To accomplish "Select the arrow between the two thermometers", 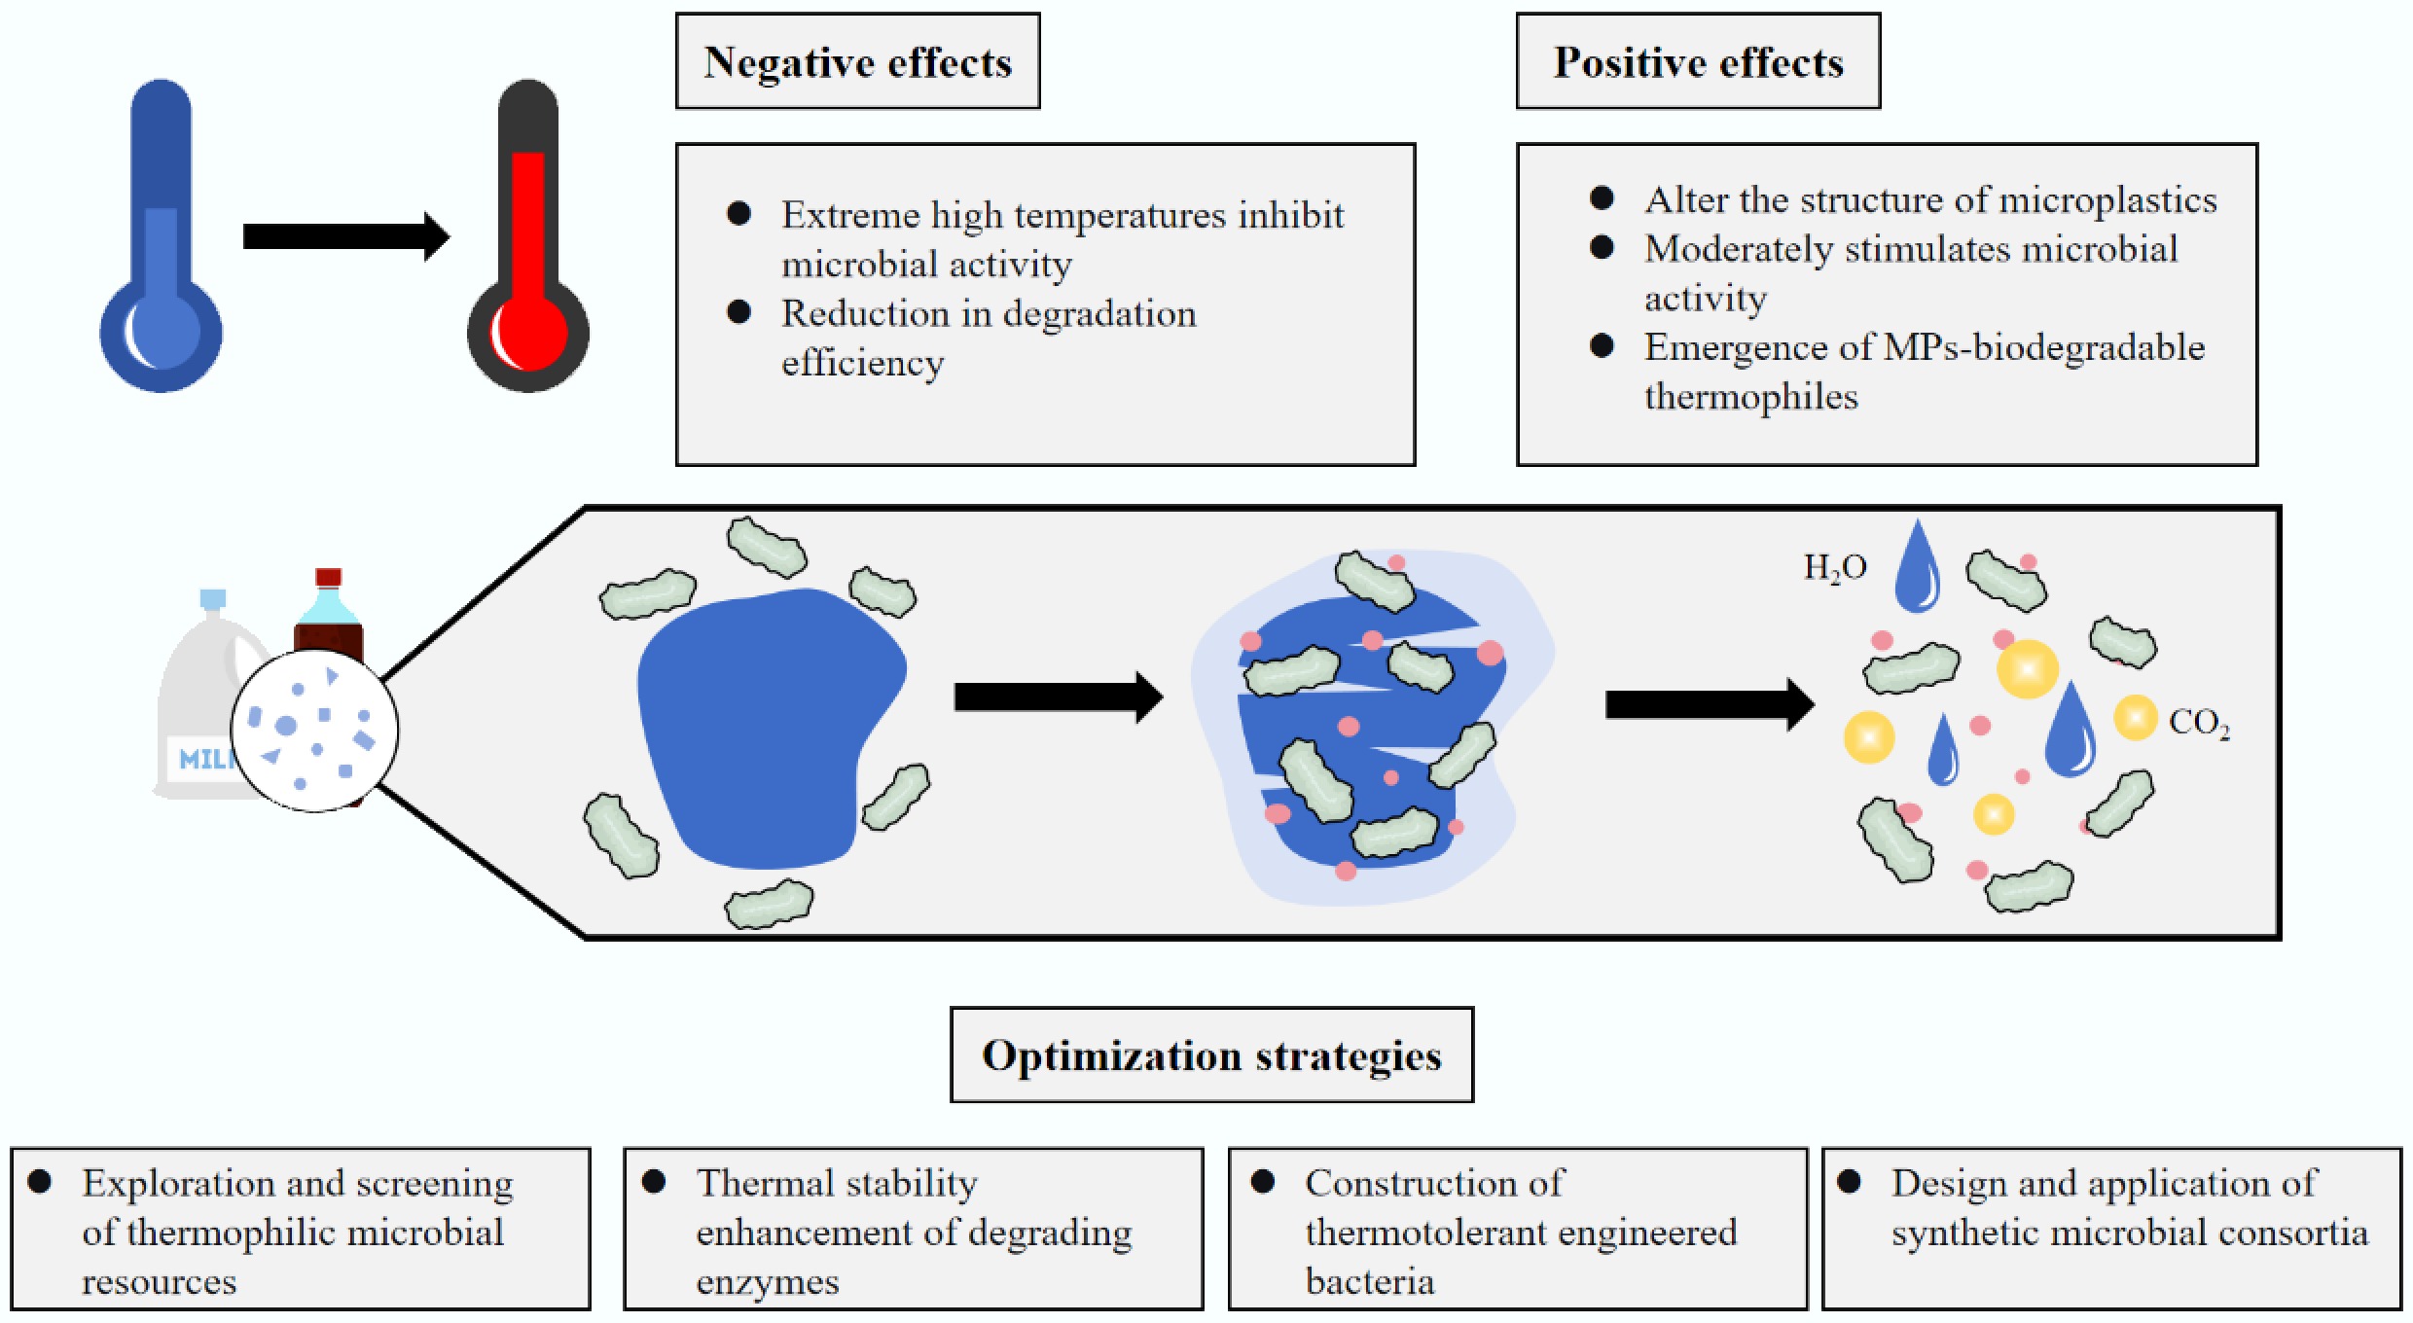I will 345,236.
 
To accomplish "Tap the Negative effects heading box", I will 857,61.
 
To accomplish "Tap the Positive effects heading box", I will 1698,61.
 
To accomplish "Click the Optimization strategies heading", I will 1211,1055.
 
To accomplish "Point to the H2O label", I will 1835,567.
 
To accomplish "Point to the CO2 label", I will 2199,723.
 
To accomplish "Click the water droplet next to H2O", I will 1917,569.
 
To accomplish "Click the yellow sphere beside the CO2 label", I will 2135,718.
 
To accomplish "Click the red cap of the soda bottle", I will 329,577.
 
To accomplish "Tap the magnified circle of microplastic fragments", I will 314,730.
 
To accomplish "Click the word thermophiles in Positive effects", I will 1751,397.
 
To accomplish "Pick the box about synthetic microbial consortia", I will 2111,1229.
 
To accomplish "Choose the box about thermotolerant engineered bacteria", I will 1518,1229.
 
